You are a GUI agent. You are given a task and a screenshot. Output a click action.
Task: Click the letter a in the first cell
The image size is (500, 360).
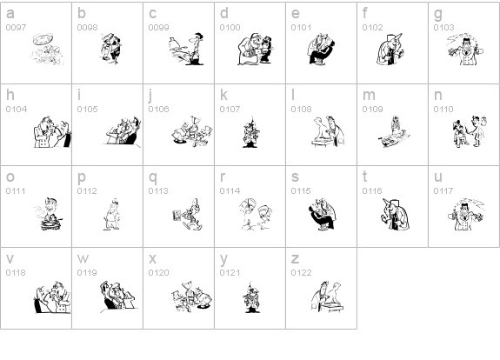(10, 14)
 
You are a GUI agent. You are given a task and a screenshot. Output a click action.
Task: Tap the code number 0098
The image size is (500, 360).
(87, 28)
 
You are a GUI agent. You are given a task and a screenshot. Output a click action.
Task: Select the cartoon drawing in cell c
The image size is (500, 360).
(186, 49)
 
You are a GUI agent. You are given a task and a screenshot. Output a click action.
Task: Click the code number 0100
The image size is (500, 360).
(230, 28)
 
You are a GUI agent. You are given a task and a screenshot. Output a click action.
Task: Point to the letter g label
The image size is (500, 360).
(438, 15)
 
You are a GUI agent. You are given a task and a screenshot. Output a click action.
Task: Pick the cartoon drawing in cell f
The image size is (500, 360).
(390, 49)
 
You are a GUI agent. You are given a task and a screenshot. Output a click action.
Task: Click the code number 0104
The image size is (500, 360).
(17, 109)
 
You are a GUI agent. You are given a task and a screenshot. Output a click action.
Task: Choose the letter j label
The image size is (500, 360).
(151, 96)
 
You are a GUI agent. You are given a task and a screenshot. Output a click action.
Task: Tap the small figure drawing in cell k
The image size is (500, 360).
(251, 131)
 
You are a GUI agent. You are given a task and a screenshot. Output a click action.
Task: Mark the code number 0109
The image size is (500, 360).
(372, 109)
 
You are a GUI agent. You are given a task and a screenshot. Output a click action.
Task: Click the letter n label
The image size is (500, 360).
(437, 96)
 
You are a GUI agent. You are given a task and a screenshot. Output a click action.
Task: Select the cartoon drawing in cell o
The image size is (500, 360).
(48, 214)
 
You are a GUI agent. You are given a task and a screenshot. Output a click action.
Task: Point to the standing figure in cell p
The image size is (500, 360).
(112, 214)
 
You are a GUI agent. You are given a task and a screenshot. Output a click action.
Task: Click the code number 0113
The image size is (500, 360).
(158, 190)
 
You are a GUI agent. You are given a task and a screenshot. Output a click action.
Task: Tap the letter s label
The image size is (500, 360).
(295, 177)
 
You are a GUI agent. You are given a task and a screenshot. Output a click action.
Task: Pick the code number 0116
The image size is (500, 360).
(372, 190)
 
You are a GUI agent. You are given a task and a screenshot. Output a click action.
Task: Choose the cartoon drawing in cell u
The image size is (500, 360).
(466, 214)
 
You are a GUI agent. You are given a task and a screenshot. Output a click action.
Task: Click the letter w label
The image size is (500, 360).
(83, 259)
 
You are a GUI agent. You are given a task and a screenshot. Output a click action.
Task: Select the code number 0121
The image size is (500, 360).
(230, 273)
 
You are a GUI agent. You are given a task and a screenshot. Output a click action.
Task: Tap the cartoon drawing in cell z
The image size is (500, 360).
(328, 297)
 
